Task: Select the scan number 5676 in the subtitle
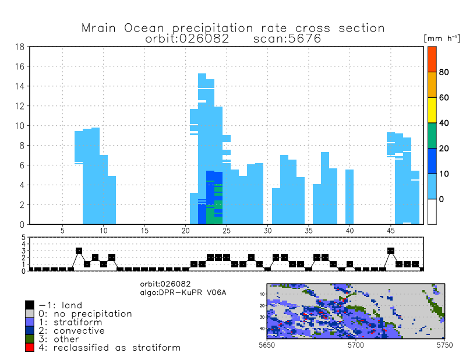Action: coord(300,38)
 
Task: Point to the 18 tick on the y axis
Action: coord(19,47)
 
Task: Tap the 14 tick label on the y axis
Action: coord(19,86)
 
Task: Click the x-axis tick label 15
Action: coord(144,231)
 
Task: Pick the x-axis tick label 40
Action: coord(349,231)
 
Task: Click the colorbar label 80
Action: coord(443,72)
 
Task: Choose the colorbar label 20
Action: coord(443,149)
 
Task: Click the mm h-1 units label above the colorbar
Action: coord(442,38)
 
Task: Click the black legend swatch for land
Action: coord(30,305)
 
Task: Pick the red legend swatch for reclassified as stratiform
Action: coord(30,348)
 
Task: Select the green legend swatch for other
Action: coord(30,339)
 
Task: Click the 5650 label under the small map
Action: coord(266,345)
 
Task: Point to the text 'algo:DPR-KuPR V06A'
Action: coord(180,291)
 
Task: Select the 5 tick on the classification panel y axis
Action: coord(24,238)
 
